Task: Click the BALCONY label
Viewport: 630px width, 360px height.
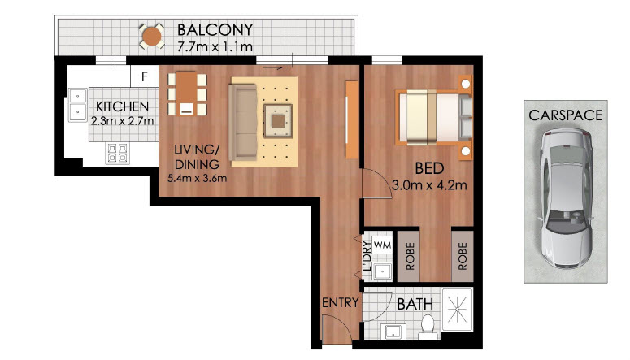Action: (215, 29)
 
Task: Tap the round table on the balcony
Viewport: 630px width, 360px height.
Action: (152, 37)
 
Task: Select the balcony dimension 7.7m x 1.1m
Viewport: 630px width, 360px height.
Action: (215, 46)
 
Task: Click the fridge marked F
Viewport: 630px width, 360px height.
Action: (144, 76)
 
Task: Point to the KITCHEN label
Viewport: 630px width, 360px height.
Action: (122, 106)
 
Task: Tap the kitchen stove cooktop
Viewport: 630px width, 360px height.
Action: (117, 153)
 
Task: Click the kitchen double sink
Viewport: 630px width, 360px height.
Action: (77, 105)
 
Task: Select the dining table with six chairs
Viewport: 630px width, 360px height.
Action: (186, 93)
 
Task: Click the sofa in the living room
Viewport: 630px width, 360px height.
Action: (242, 122)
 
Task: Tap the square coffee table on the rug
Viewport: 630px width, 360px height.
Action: (278, 121)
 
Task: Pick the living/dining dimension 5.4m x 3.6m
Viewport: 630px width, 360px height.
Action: (197, 178)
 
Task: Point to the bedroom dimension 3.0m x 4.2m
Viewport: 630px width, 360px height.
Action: (429, 185)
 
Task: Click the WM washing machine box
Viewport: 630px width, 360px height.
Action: (382, 245)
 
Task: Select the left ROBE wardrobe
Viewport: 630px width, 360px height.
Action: (409, 256)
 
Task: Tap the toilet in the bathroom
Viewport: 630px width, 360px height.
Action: (427, 326)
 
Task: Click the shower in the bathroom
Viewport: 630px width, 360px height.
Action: (457, 309)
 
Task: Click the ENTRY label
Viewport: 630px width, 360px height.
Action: (341, 302)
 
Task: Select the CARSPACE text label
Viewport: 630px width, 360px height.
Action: (565, 115)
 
